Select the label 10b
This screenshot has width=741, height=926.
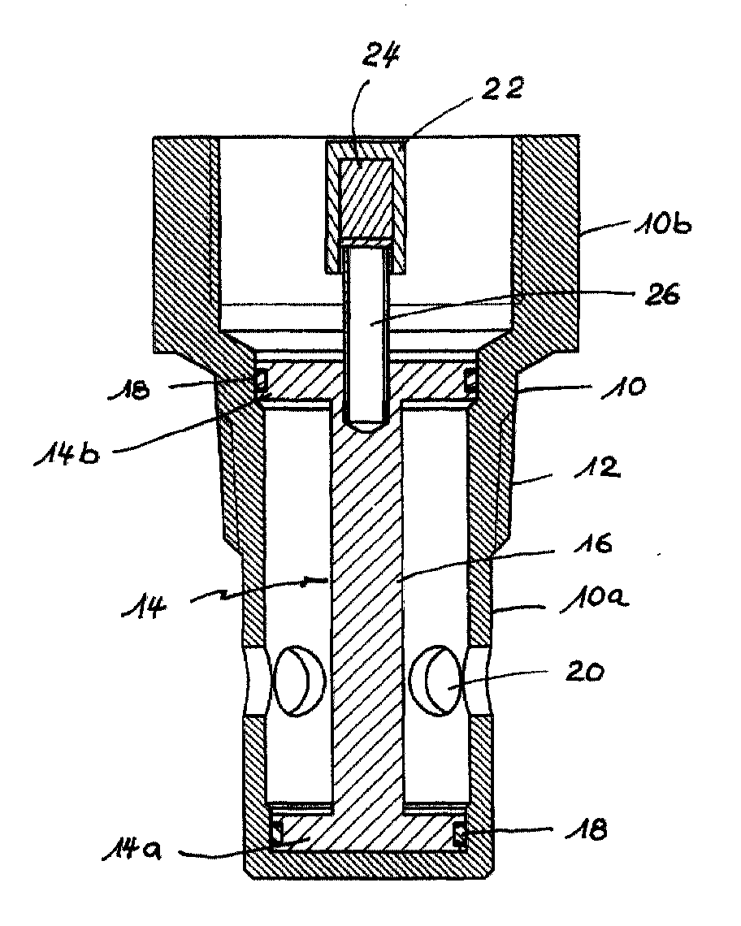(x=662, y=225)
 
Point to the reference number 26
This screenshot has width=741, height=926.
(x=663, y=294)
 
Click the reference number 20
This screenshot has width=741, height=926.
(x=584, y=672)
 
